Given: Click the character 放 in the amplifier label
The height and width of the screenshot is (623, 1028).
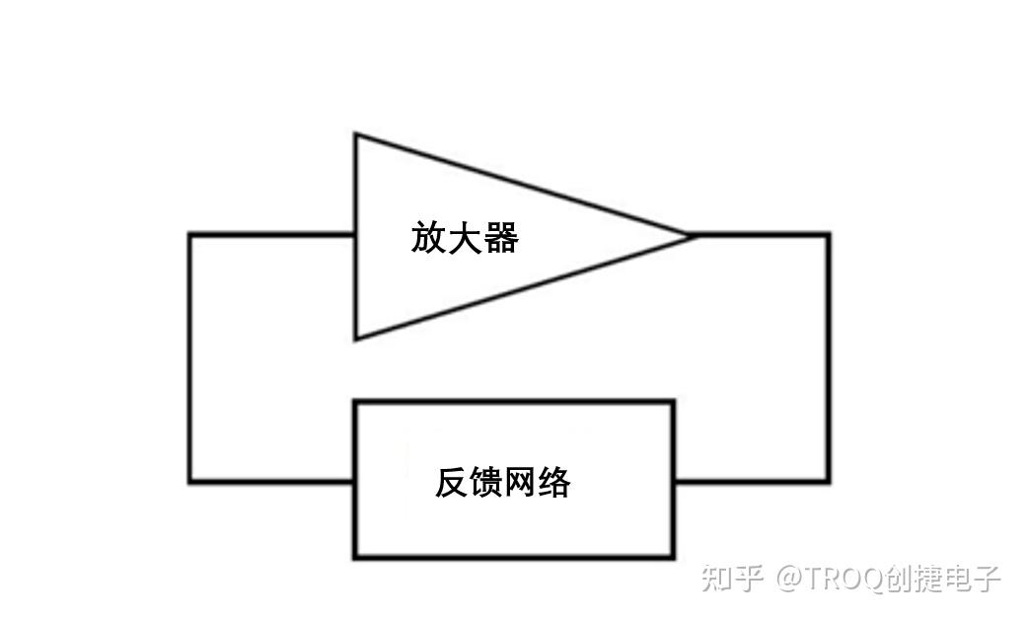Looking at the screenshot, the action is (x=428, y=237).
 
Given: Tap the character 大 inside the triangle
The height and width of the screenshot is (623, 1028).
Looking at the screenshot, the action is (x=465, y=237).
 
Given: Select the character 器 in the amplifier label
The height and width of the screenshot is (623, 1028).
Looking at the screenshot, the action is (x=501, y=237).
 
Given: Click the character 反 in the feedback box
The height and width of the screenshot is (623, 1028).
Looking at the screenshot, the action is (x=453, y=482).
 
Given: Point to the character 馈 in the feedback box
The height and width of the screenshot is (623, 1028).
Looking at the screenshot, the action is (x=486, y=482).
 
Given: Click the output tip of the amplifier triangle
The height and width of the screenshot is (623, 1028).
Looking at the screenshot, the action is (x=689, y=235).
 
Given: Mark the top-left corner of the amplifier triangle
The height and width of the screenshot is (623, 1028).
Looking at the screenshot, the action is (x=355, y=134).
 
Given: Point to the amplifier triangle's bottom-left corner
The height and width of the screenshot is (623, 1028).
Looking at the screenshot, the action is (x=355, y=339).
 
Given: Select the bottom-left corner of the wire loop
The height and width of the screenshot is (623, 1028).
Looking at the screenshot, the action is (x=190, y=482).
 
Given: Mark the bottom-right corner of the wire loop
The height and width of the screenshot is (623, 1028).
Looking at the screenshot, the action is (x=829, y=482).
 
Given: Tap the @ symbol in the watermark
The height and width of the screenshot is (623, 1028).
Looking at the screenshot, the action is (x=789, y=579).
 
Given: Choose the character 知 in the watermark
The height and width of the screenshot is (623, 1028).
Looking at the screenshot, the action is (x=716, y=579).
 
